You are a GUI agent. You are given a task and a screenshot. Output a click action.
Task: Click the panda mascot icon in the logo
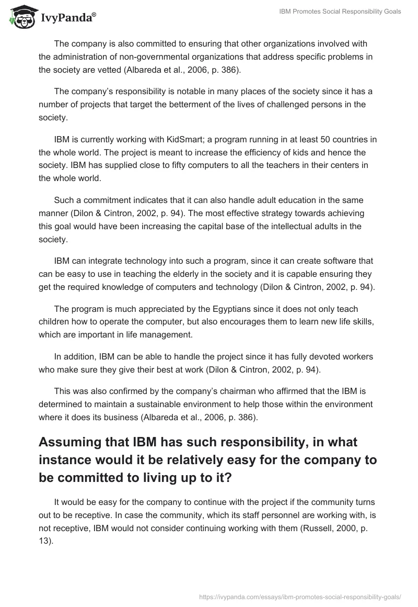pyautogui.click(x=19, y=18)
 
